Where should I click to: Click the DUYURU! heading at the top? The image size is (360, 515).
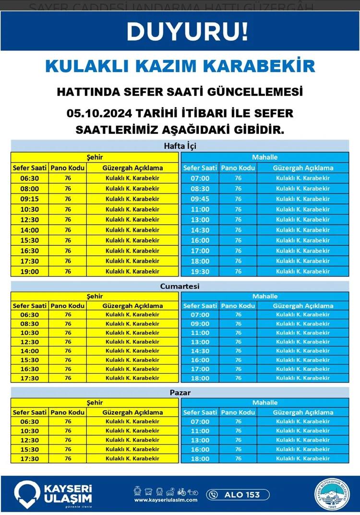pyautogui.click(x=187, y=32)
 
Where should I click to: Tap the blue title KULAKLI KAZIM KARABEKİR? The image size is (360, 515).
pyautogui.click(x=180, y=66)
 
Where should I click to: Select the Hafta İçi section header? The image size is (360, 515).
pyautogui.click(x=180, y=146)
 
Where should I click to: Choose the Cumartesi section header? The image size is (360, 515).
pyautogui.click(x=180, y=287)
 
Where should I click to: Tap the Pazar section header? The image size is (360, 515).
pyautogui.click(x=180, y=393)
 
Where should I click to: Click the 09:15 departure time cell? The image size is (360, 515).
pyautogui.click(x=30, y=199)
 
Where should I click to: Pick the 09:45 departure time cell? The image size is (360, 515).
pyautogui.click(x=200, y=199)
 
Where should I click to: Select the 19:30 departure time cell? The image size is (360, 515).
pyautogui.click(x=200, y=272)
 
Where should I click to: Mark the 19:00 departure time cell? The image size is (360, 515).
pyautogui.click(x=30, y=272)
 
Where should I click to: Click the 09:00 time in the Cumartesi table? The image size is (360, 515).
pyautogui.click(x=200, y=324)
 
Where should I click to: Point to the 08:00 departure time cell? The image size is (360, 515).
pyautogui.click(x=30, y=189)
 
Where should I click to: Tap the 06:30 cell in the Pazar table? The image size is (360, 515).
pyautogui.click(x=30, y=422)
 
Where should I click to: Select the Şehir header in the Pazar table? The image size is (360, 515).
pyautogui.click(x=95, y=403)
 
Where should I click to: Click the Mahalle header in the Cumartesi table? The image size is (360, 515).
pyautogui.click(x=265, y=296)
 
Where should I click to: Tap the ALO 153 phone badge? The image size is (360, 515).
pyautogui.click(x=238, y=494)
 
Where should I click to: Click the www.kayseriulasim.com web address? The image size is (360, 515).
pyautogui.click(x=166, y=500)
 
